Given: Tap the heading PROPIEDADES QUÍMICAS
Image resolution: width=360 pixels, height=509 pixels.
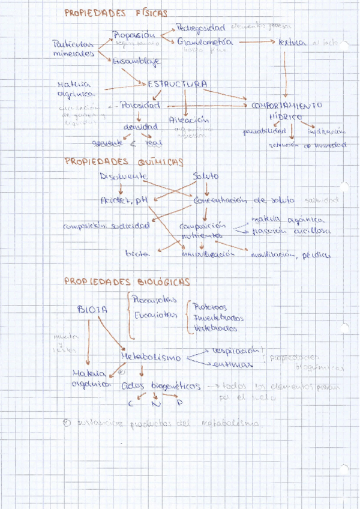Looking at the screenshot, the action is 124,162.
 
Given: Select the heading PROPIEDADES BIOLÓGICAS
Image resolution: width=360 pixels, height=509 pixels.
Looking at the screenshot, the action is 127,282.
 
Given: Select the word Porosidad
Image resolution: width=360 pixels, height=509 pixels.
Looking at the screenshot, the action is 140,105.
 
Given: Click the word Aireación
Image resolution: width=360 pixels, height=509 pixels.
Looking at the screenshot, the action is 189,118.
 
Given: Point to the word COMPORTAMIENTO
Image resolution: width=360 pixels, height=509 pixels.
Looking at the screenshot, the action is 286,105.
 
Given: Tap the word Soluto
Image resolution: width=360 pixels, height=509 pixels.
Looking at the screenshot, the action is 206,176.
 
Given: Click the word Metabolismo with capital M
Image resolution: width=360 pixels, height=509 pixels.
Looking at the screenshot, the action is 151,357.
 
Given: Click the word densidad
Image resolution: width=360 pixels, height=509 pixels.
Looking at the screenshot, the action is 141,127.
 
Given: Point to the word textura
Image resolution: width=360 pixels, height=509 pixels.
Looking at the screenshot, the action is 292,43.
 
